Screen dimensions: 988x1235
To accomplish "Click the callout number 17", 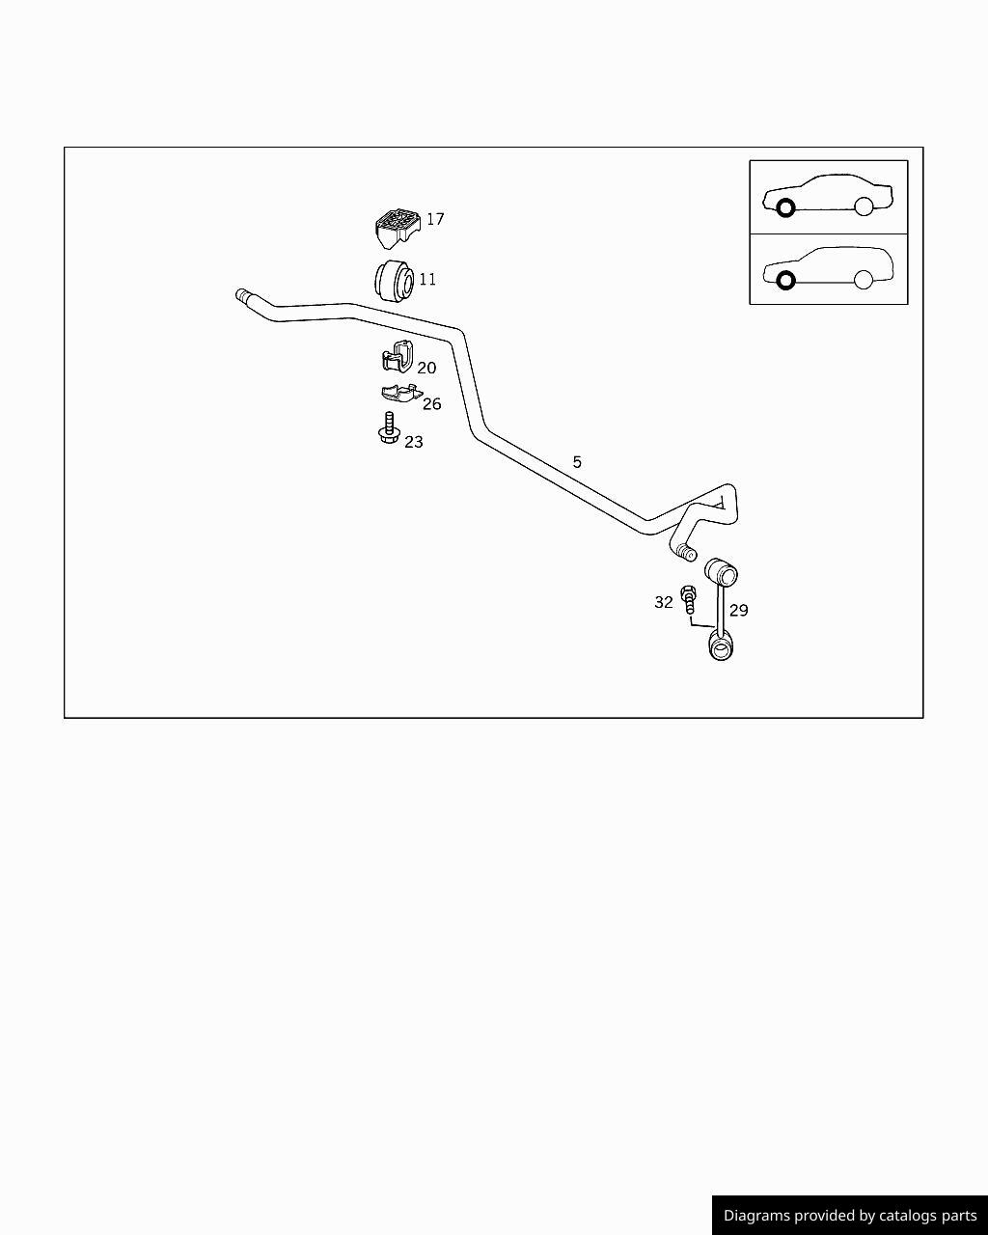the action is coord(435,219).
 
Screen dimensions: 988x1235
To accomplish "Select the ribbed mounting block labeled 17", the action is coord(398,229).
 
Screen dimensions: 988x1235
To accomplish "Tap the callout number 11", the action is coord(427,280).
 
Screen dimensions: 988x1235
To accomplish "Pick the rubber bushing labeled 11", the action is coord(394,281).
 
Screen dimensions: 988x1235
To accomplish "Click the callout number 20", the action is coord(426,368).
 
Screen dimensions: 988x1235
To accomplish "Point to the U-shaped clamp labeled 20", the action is coord(398,356).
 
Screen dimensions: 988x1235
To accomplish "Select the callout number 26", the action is coord(432,404).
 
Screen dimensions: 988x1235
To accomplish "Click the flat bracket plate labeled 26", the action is coord(401,393).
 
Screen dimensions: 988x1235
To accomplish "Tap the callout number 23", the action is coord(414,442).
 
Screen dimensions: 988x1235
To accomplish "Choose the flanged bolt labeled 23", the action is coord(389,428).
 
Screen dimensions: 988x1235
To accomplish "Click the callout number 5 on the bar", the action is coord(577,462).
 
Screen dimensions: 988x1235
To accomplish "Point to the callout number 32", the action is coord(664,602).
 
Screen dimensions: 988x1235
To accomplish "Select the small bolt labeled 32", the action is coord(688,599).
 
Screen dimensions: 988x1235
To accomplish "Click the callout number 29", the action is coord(739,610).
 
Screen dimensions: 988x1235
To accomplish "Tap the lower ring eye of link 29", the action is coord(721,646).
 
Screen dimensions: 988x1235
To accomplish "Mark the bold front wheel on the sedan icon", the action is coord(785,207).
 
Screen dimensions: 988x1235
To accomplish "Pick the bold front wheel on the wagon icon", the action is coord(785,281).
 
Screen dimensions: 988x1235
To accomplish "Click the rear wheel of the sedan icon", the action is coord(864,206).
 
